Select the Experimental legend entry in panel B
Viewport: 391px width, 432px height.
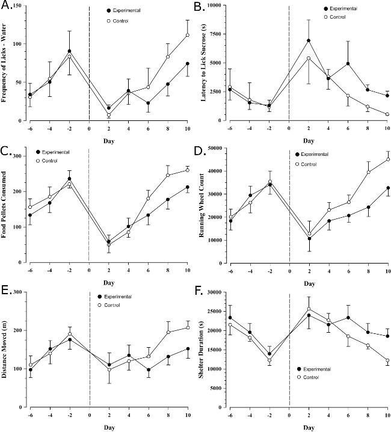pyautogui.click(x=343, y=9)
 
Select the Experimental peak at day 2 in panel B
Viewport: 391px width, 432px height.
pyautogui.click(x=309, y=41)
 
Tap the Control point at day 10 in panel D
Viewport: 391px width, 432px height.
pyautogui.click(x=388, y=159)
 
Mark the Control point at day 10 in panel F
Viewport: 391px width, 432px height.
pyautogui.click(x=388, y=360)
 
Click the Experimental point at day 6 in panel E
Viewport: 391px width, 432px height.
pyautogui.click(x=148, y=369)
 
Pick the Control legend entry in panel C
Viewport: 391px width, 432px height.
pyautogui.click(x=54, y=161)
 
